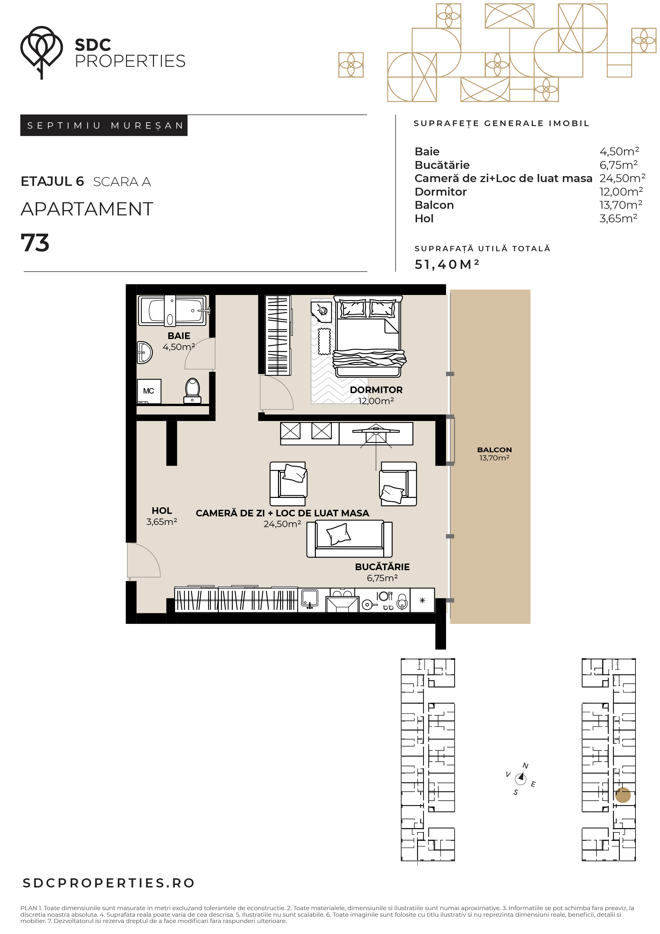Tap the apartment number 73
(x=35, y=243)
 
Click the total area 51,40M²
(x=447, y=264)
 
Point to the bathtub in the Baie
(x=172, y=311)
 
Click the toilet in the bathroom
(x=192, y=391)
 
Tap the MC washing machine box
(x=149, y=391)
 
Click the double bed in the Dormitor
(x=368, y=336)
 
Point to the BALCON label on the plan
(x=494, y=449)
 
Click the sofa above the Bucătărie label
(x=349, y=539)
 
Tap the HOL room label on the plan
(x=162, y=510)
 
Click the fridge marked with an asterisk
(x=422, y=600)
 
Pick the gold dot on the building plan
(x=623, y=795)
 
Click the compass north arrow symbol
(x=520, y=779)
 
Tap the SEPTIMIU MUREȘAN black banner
(x=104, y=125)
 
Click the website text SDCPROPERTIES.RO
(x=108, y=883)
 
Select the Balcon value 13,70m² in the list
(x=620, y=205)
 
